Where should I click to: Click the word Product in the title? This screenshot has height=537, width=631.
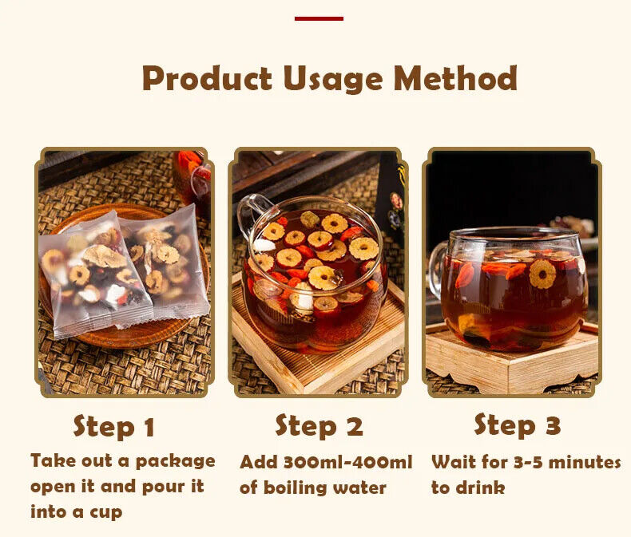[x=207, y=78]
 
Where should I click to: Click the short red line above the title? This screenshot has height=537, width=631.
[x=319, y=18]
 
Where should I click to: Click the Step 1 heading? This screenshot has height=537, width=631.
[x=114, y=426]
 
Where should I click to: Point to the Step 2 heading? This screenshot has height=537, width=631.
[x=319, y=426]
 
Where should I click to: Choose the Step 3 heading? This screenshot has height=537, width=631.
[x=517, y=425]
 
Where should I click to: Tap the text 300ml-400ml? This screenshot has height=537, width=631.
[x=348, y=462]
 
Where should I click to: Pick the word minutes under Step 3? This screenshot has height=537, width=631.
[x=585, y=462]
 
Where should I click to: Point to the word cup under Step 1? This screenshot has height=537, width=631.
[x=106, y=513]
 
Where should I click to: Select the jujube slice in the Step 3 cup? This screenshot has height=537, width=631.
[x=542, y=274]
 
